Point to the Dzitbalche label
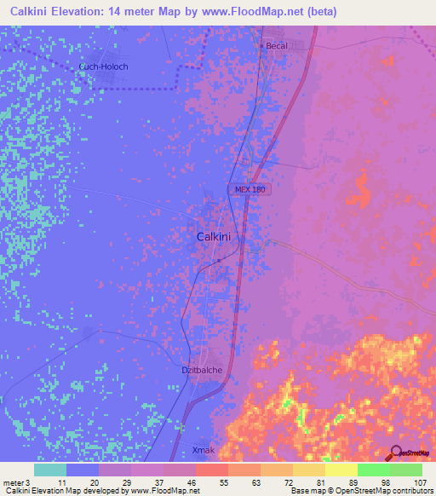(x=202, y=371)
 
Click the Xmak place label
(x=203, y=449)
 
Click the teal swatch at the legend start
(x=50, y=470)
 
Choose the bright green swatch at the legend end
(x=406, y=470)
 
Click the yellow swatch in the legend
(x=341, y=470)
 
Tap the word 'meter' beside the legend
(x=12, y=482)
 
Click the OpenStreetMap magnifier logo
(x=394, y=453)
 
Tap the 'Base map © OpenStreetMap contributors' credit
(x=360, y=492)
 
